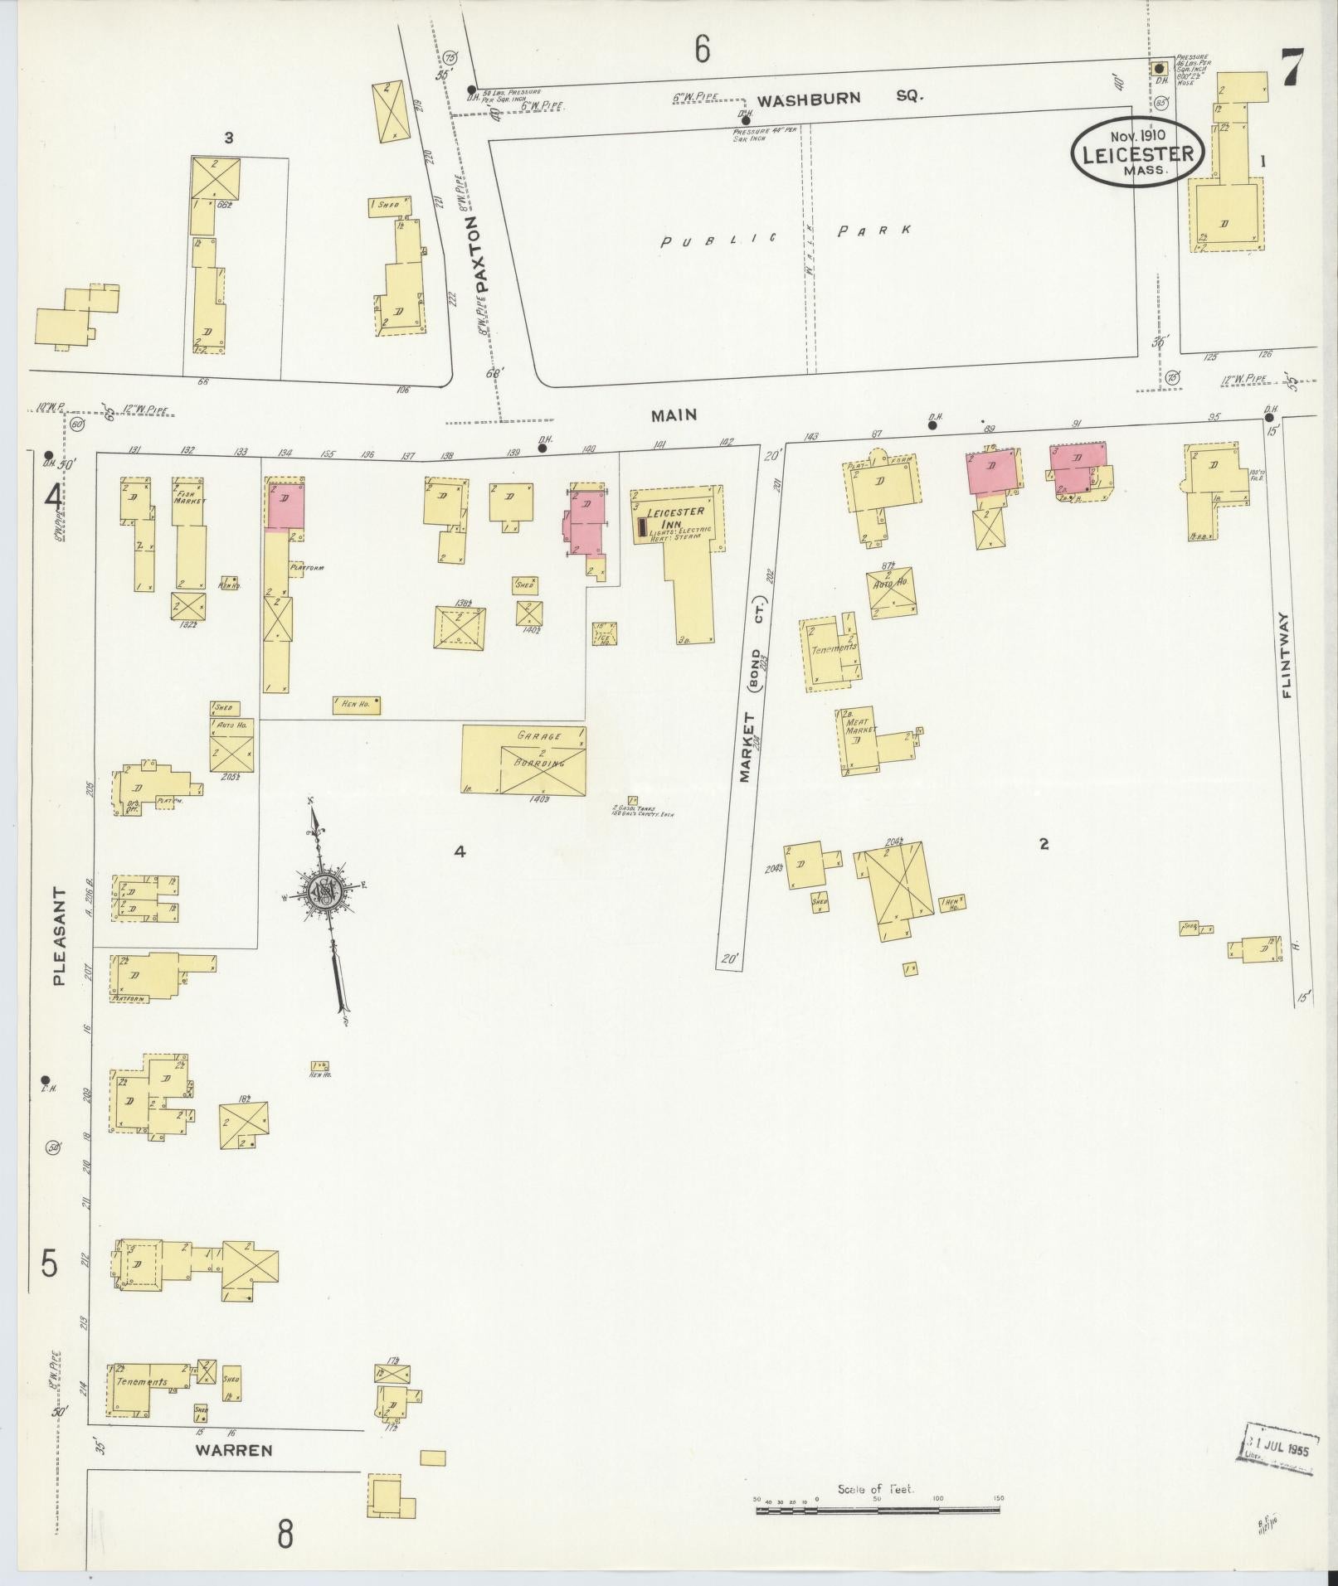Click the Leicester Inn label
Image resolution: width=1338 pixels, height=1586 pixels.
675,517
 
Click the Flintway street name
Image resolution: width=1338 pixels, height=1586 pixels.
1287,655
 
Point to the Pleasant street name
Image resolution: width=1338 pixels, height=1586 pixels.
58,936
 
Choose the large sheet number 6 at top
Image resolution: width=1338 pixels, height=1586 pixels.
703,51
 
